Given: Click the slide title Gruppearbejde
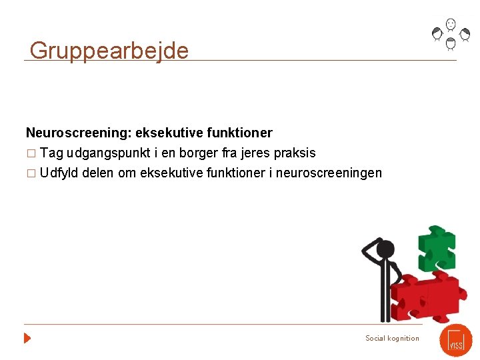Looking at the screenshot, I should coord(109,51).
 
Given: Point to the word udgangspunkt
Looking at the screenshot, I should coord(105,153).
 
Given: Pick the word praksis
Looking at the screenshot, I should coord(293,153).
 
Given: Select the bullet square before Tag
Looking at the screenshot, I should coord(30,154).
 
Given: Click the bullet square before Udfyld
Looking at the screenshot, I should coord(30,174).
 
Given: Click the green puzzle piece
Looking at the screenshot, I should coord(436,249).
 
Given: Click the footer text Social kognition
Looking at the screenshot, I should coord(392,338).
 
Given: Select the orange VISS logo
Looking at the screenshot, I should coord(455,340).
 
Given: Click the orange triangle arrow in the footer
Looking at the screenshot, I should coord(27,338).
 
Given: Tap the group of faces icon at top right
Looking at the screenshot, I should coord(451,34).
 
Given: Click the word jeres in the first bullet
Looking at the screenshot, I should coord(250,153).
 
